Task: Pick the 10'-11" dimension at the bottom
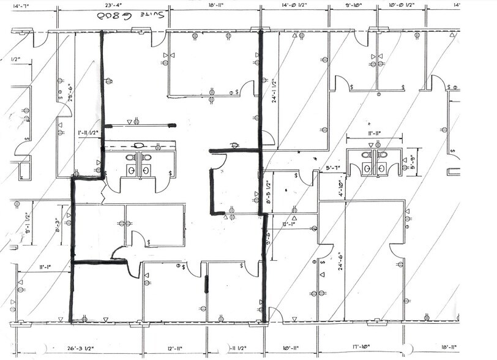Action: [x=294, y=351]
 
